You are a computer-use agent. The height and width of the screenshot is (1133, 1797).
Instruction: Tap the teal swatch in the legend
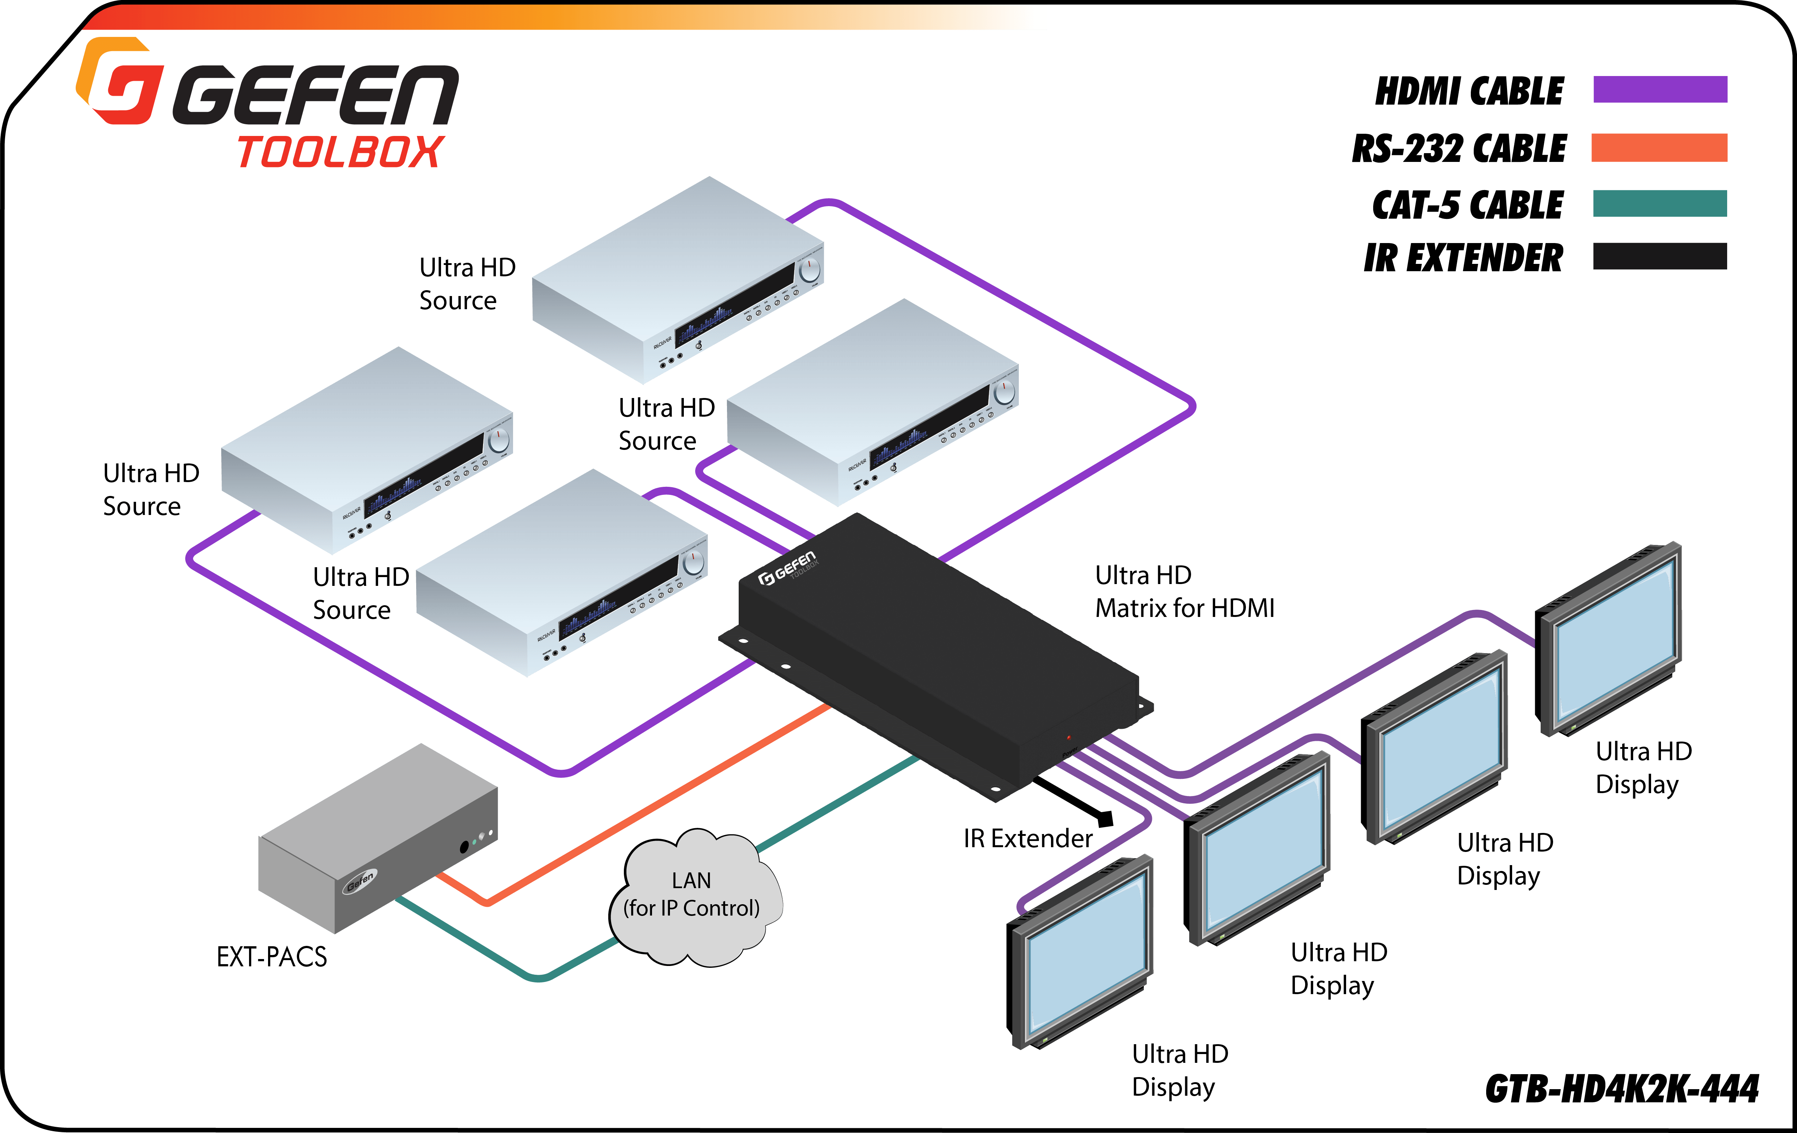(1660, 203)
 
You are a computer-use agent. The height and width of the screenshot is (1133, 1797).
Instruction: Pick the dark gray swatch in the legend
(1660, 256)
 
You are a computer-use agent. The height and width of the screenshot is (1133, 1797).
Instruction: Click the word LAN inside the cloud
(691, 881)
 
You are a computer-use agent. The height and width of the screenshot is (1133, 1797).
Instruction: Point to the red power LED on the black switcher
(1069, 737)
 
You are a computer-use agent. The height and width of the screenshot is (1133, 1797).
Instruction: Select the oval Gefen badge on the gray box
(361, 881)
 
